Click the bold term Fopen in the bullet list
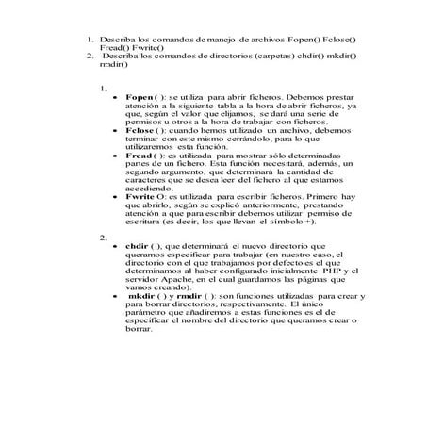138,96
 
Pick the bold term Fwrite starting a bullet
140,196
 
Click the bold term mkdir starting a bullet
144,295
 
